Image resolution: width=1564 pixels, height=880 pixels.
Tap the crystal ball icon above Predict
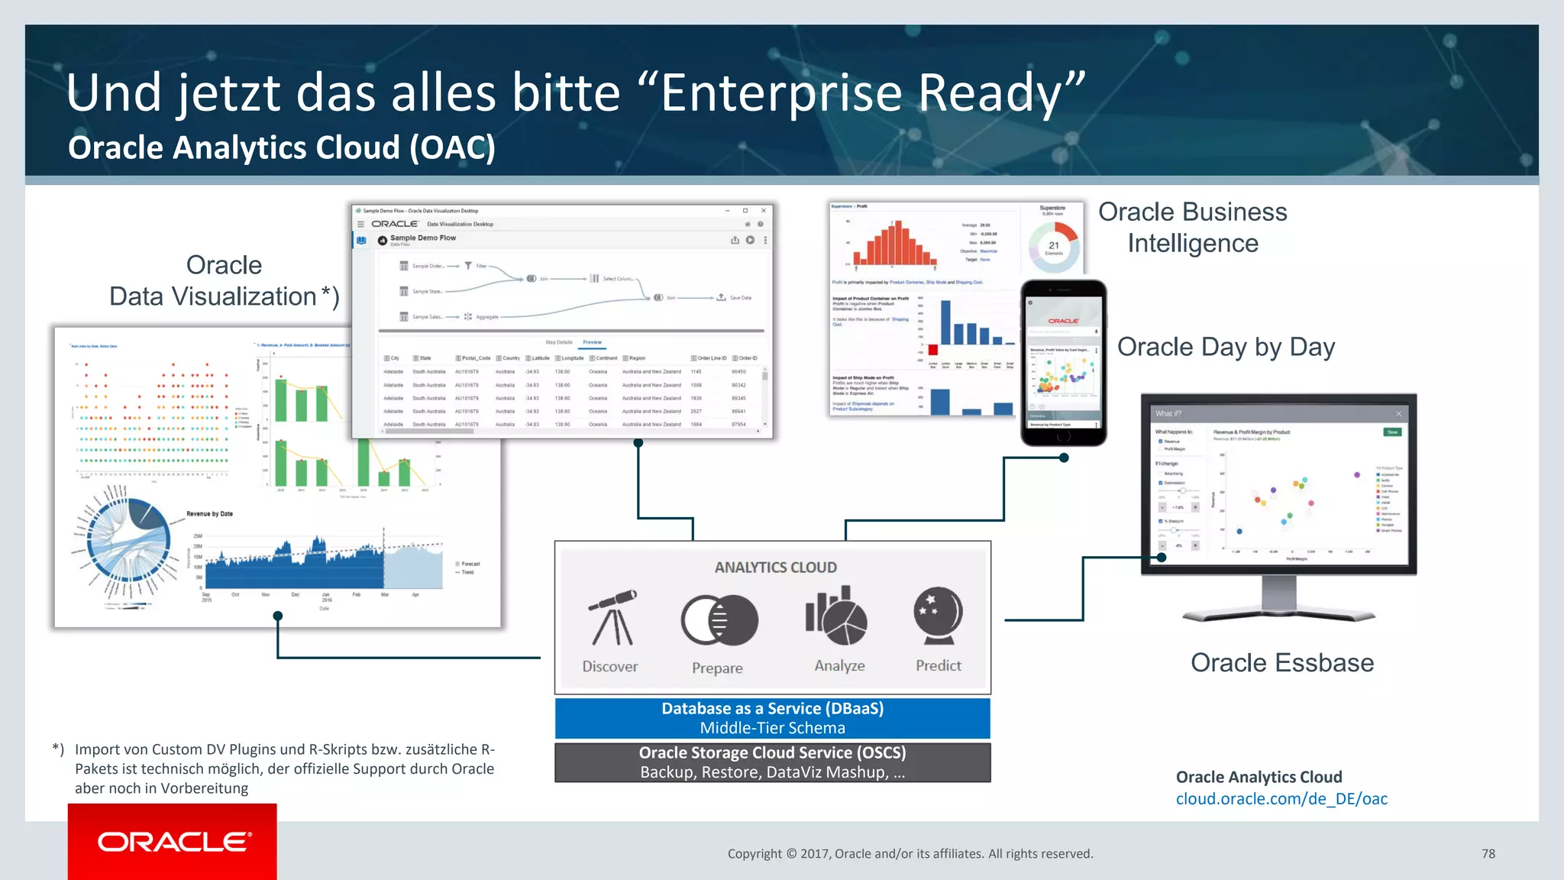click(x=938, y=616)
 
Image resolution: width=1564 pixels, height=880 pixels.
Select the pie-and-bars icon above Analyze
click(x=836, y=616)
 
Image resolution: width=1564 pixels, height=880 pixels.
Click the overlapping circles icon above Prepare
click(x=719, y=620)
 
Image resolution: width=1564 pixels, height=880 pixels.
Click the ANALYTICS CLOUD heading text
click(x=775, y=568)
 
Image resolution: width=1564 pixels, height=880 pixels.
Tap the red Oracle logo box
click(x=173, y=841)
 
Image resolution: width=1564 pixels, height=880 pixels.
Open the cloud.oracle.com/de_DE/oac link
click(x=1281, y=799)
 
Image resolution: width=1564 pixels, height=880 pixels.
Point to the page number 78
click(x=1488, y=854)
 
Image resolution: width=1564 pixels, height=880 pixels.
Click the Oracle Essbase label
click(x=1281, y=662)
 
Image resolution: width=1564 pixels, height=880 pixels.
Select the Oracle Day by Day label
click(x=1226, y=347)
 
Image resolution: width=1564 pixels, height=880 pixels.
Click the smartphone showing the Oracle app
click(x=1063, y=363)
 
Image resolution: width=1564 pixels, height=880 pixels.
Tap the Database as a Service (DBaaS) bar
click(x=772, y=718)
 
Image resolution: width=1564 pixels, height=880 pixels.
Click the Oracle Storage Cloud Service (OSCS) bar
click(x=772, y=762)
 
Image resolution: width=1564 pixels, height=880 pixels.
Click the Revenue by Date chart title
click(x=209, y=514)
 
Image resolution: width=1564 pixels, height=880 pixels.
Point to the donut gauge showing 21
click(x=1054, y=246)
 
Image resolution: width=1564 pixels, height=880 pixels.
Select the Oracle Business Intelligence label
click(x=1192, y=228)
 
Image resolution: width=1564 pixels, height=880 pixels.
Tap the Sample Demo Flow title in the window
click(x=422, y=238)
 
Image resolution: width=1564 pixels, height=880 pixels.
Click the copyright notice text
click(x=910, y=854)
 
